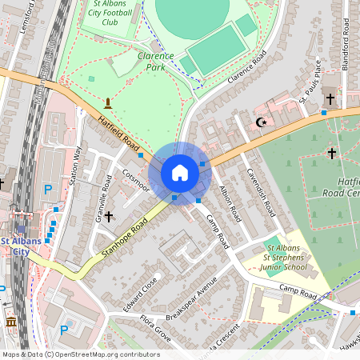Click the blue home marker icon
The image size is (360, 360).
tap(179, 173)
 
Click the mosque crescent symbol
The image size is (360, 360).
tap(259, 122)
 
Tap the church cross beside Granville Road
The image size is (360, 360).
tap(108, 216)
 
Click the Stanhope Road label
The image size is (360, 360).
tap(126, 238)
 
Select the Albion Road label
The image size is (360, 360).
tap(230, 202)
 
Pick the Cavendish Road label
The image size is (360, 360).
tap(261, 193)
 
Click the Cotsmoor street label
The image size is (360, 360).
tap(135, 181)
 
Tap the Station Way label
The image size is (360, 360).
tap(77, 166)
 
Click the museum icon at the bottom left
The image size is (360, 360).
tap(10, 322)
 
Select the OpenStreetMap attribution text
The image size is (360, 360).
tap(81, 354)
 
